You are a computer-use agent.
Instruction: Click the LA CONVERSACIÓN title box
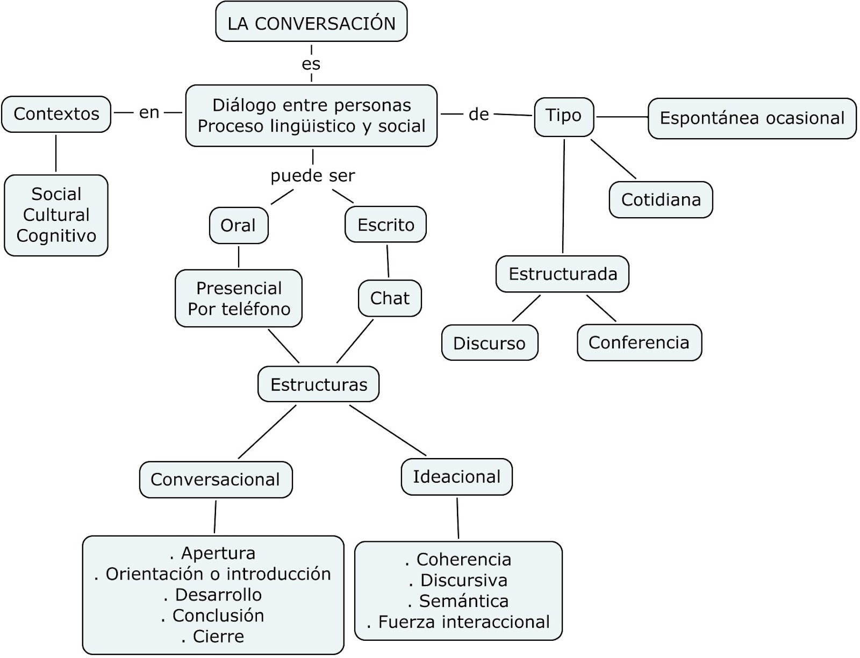click(x=311, y=22)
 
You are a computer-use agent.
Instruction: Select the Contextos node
click(x=56, y=114)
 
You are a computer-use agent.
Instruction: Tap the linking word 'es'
click(x=311, y=64)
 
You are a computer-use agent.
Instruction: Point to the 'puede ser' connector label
click(x=312, y=176)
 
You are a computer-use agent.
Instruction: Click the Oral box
click(x=238, y=225)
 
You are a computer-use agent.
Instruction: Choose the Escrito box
click(x=385, y=224)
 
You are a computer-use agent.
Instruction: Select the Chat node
click(x=390, y=298)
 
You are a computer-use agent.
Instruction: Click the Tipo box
click(x=563, y=116)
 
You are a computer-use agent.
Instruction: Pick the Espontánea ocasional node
click(x=752, y=118)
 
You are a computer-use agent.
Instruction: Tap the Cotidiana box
click(x=661, y=199)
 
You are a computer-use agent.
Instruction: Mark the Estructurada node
click(x=562, y=274)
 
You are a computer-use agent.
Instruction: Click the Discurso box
click(x=489, y=343)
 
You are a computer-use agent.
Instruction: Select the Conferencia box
click(x=639, y=342)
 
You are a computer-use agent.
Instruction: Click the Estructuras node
click(x=318, y=384)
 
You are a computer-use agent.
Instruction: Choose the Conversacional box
click(x=215, y=479)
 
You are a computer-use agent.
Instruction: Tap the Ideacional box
click(x=456, y=476)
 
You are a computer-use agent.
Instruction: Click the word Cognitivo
click(x=56, y=235)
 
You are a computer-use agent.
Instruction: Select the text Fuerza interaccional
click(x=463, y=622)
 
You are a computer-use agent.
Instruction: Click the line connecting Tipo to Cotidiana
click(x=613, y=159)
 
